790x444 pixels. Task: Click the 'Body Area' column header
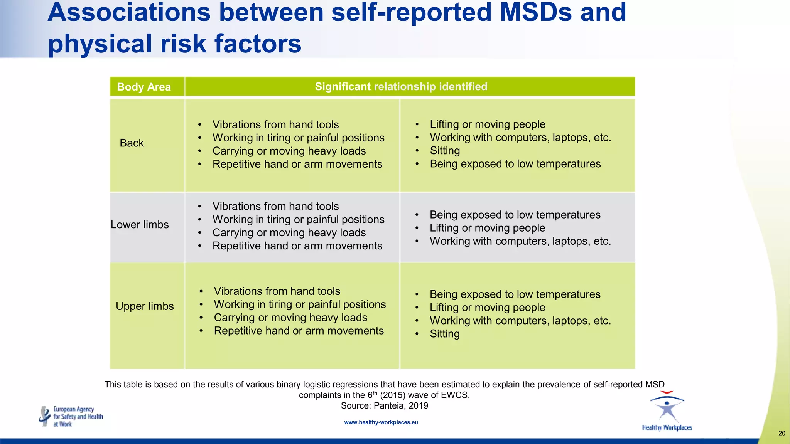pos(143,87)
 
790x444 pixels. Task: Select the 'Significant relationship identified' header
pos(401,86)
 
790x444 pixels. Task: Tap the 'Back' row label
pos(132,143)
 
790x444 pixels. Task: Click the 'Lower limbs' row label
pos(140,225)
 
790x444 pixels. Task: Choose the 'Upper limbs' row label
pos(145,306)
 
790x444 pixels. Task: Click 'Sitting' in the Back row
pos(445,151)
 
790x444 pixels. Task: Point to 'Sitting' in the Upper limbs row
pos(445,334)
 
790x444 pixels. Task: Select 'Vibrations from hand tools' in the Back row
pos(275,124)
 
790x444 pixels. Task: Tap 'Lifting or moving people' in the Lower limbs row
pos(487,228)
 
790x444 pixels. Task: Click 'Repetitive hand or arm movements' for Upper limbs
pos(299,331)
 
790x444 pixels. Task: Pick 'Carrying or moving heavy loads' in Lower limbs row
pos(289,233)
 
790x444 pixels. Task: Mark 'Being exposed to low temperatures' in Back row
pos(515,164)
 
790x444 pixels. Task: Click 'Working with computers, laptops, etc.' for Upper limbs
pos(520,321)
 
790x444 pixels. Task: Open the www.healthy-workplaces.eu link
pos(381,422)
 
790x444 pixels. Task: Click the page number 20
pos(782,433)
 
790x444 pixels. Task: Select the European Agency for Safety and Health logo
pos(71,417)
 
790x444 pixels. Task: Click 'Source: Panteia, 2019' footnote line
pos(384,405)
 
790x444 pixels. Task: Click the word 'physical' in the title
pos(100,43)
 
